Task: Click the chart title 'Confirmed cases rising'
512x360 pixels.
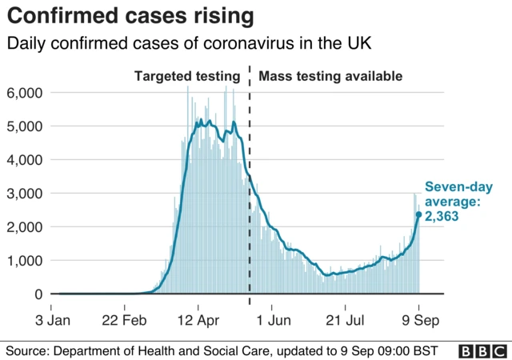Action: [132, 16]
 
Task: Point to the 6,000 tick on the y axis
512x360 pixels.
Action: [24, 93]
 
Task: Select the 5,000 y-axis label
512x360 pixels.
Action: [24, 126]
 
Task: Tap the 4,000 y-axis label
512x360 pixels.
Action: [24, 160]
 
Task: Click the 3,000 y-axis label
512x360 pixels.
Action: [24, 194]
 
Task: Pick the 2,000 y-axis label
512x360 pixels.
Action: [24, 227]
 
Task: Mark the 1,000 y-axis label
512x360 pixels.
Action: [24, 261]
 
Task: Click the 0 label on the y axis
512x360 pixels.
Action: [37, 294]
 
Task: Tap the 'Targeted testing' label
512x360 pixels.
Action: [186, 77]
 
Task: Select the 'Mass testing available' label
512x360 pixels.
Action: [330, 77]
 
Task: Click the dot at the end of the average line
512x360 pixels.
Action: [418, 214]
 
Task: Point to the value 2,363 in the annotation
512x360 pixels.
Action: [442, 215]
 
